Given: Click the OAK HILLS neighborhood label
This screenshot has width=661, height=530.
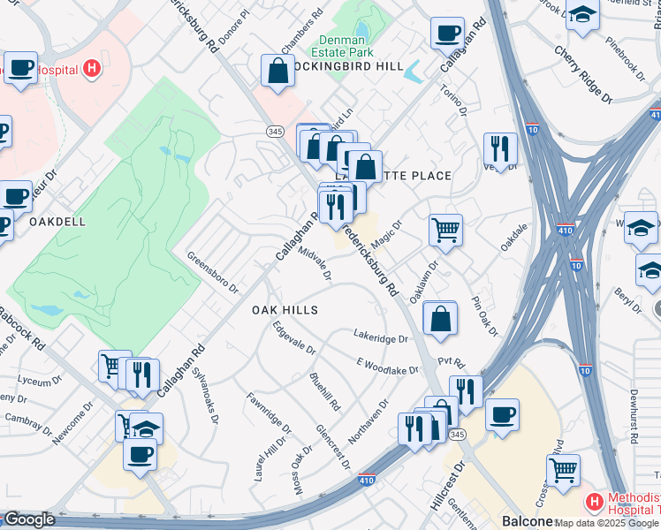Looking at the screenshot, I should [284, 310].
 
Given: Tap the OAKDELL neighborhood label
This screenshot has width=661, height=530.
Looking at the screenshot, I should [57, 222].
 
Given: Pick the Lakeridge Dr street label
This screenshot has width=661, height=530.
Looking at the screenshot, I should [380, 338].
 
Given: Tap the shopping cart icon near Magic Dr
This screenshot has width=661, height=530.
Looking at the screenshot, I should [445, 231].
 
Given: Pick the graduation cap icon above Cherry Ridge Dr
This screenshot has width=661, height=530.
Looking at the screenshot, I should [583, 15].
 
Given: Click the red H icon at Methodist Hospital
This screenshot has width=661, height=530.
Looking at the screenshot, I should [594, 502].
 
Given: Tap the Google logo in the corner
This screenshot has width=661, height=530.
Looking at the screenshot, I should [28, 519].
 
